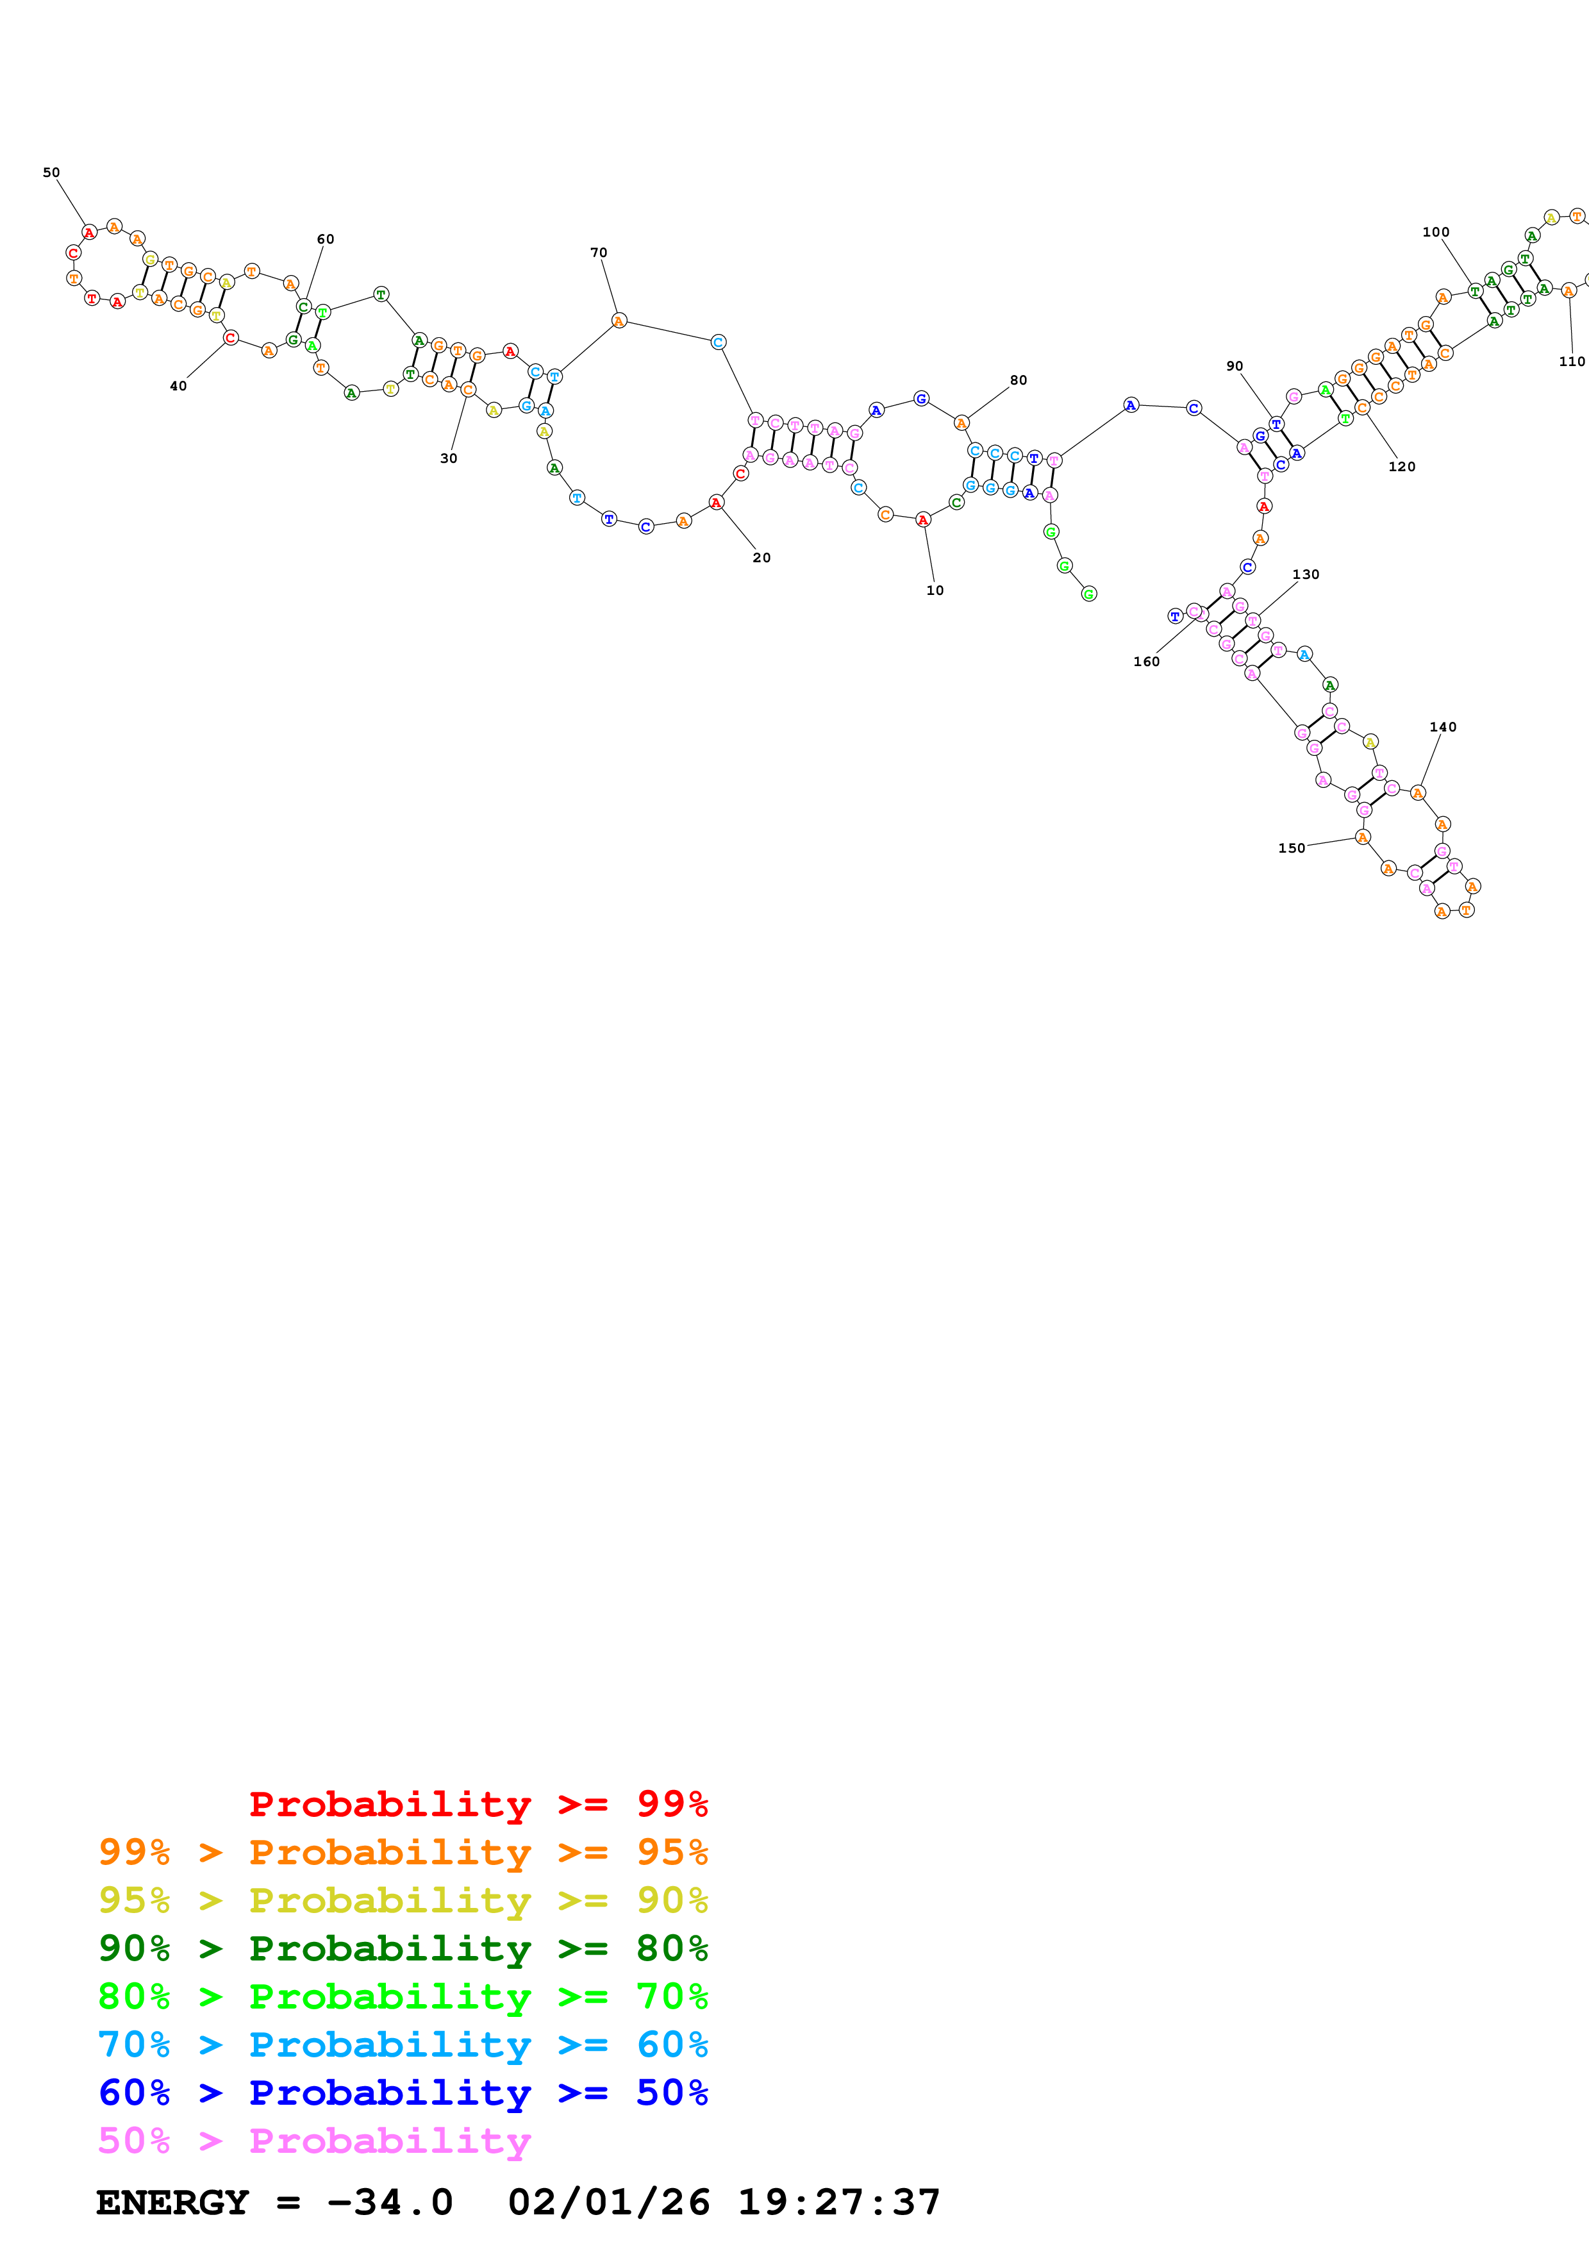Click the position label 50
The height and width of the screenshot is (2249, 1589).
click(x=51, y=172)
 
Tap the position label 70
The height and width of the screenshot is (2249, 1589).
click(x=598, y=253)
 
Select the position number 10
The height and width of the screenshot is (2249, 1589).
click(x=935, y=590)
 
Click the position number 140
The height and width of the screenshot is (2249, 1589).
click(x=1443, y=727)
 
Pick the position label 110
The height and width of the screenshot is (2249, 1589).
click(x=1572, y=362)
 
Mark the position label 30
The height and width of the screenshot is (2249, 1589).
click(x=449, y=458)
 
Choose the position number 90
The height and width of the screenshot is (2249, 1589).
click(x=1235, y=366)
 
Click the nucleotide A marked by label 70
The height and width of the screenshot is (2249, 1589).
click(x=619, y=321)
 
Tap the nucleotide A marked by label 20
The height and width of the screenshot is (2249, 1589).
click(x=717, y=503)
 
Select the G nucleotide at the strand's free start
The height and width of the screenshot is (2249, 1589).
click(x=1088, y=594)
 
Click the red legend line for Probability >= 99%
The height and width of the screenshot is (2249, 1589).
click(x=478, y=1804)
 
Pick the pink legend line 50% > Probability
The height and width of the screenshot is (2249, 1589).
click(x=314, y=2141)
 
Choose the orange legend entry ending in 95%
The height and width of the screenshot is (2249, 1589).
click(x=403, y=1852)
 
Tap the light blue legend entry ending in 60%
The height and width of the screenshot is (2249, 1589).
click(x=403, y=2044)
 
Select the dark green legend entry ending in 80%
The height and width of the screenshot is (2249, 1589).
click(x=403, y=1948)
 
